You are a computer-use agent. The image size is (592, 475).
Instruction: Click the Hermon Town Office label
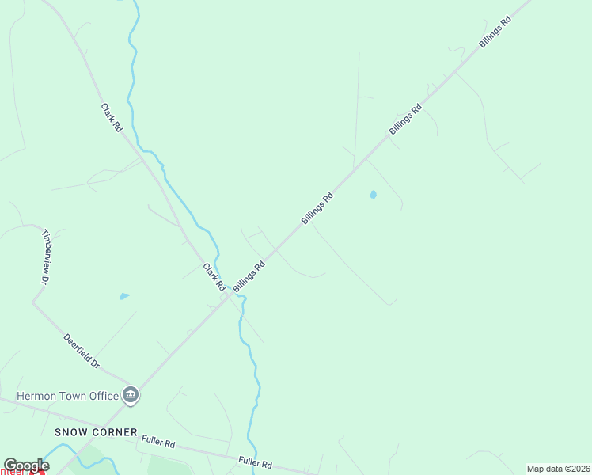(x=67, y=396)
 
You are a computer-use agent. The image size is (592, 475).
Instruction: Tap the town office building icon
(x=131, y=395)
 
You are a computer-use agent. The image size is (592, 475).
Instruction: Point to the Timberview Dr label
(x=46, y=257)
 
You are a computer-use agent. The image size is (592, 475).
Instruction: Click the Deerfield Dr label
(x=82, y=351)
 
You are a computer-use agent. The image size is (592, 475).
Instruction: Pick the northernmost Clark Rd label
(x=112, y=116)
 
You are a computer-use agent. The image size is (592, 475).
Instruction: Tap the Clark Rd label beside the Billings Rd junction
(x=214, y=277)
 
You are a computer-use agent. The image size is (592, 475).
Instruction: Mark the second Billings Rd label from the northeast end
(x=405, y=120)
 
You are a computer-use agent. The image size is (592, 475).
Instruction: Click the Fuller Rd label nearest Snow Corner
(x=158, y=441)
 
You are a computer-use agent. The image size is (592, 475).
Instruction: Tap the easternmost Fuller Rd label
(x=256, y=462)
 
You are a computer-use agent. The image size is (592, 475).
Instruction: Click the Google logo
(x=26, y=465)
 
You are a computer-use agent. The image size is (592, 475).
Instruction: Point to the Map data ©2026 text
(x=558, y=469)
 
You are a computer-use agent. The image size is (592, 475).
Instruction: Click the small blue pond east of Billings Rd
(x=373, y=194)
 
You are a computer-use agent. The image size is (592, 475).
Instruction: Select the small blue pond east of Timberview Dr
(x=124, y=296)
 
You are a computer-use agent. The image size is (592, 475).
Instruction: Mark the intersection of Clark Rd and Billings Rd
(x=230, y=296)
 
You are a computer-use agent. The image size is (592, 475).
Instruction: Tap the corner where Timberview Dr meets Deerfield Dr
(x=34, y=302)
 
